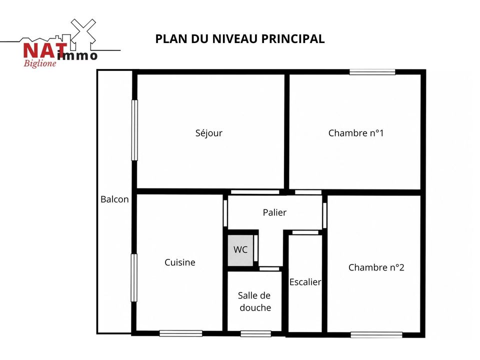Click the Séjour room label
point(209,133)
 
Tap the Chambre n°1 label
point(355,133)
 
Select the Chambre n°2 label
point(376,267)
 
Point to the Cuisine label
point(180,262)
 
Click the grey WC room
point(240,250)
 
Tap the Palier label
point(274,212)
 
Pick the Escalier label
point(305,282)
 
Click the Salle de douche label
point(254,301)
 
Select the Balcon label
point(114,199)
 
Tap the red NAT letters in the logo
point(44,50)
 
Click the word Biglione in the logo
point(40,63)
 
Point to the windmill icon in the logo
point(83,33)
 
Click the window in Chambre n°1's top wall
point(372,72)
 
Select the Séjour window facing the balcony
point(134,130)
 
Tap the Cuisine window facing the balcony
point(134,277)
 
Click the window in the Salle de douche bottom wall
point(255,333)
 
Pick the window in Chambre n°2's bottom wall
point(376,335)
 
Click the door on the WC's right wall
point(256,248)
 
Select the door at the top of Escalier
point(305,232)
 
